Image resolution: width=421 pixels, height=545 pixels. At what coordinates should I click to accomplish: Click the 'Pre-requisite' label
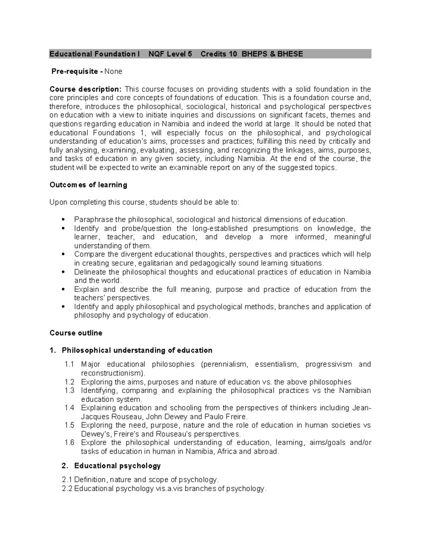[x=74, y=72]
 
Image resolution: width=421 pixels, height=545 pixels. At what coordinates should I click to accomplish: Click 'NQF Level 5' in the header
[x=170, y=54]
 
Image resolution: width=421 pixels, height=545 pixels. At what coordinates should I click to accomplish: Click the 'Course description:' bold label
[x=86, y=89]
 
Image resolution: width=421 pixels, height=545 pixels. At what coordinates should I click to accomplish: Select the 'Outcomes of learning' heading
[x=88, y=185]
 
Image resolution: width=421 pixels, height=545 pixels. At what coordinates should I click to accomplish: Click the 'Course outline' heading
[x=76, y=333]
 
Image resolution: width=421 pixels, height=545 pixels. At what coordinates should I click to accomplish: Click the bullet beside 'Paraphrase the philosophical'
[x=63, y=220]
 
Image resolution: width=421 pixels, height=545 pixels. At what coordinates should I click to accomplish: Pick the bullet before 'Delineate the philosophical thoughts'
[x=63, y=272]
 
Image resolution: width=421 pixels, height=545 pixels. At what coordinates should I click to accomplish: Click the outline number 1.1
[x=69, y=364]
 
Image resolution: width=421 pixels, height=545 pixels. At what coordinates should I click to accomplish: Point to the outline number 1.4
[x=69, y=408]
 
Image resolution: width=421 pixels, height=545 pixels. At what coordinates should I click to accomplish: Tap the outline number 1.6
[x=69, y=443]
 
